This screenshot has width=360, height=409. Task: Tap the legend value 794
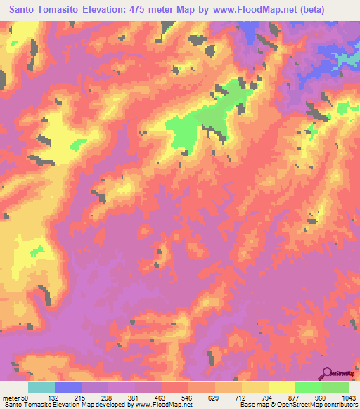[255, 397]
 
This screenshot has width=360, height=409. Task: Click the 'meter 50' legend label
[18, 397]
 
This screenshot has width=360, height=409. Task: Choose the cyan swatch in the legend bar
[41, 387]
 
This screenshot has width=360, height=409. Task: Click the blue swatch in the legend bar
[68, 387]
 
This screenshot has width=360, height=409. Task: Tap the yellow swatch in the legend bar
[282, 387]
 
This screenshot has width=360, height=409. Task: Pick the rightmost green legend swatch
[335, 387]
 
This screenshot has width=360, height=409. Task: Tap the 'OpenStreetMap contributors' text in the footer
[321, 405]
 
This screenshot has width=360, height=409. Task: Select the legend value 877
[282, 397]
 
